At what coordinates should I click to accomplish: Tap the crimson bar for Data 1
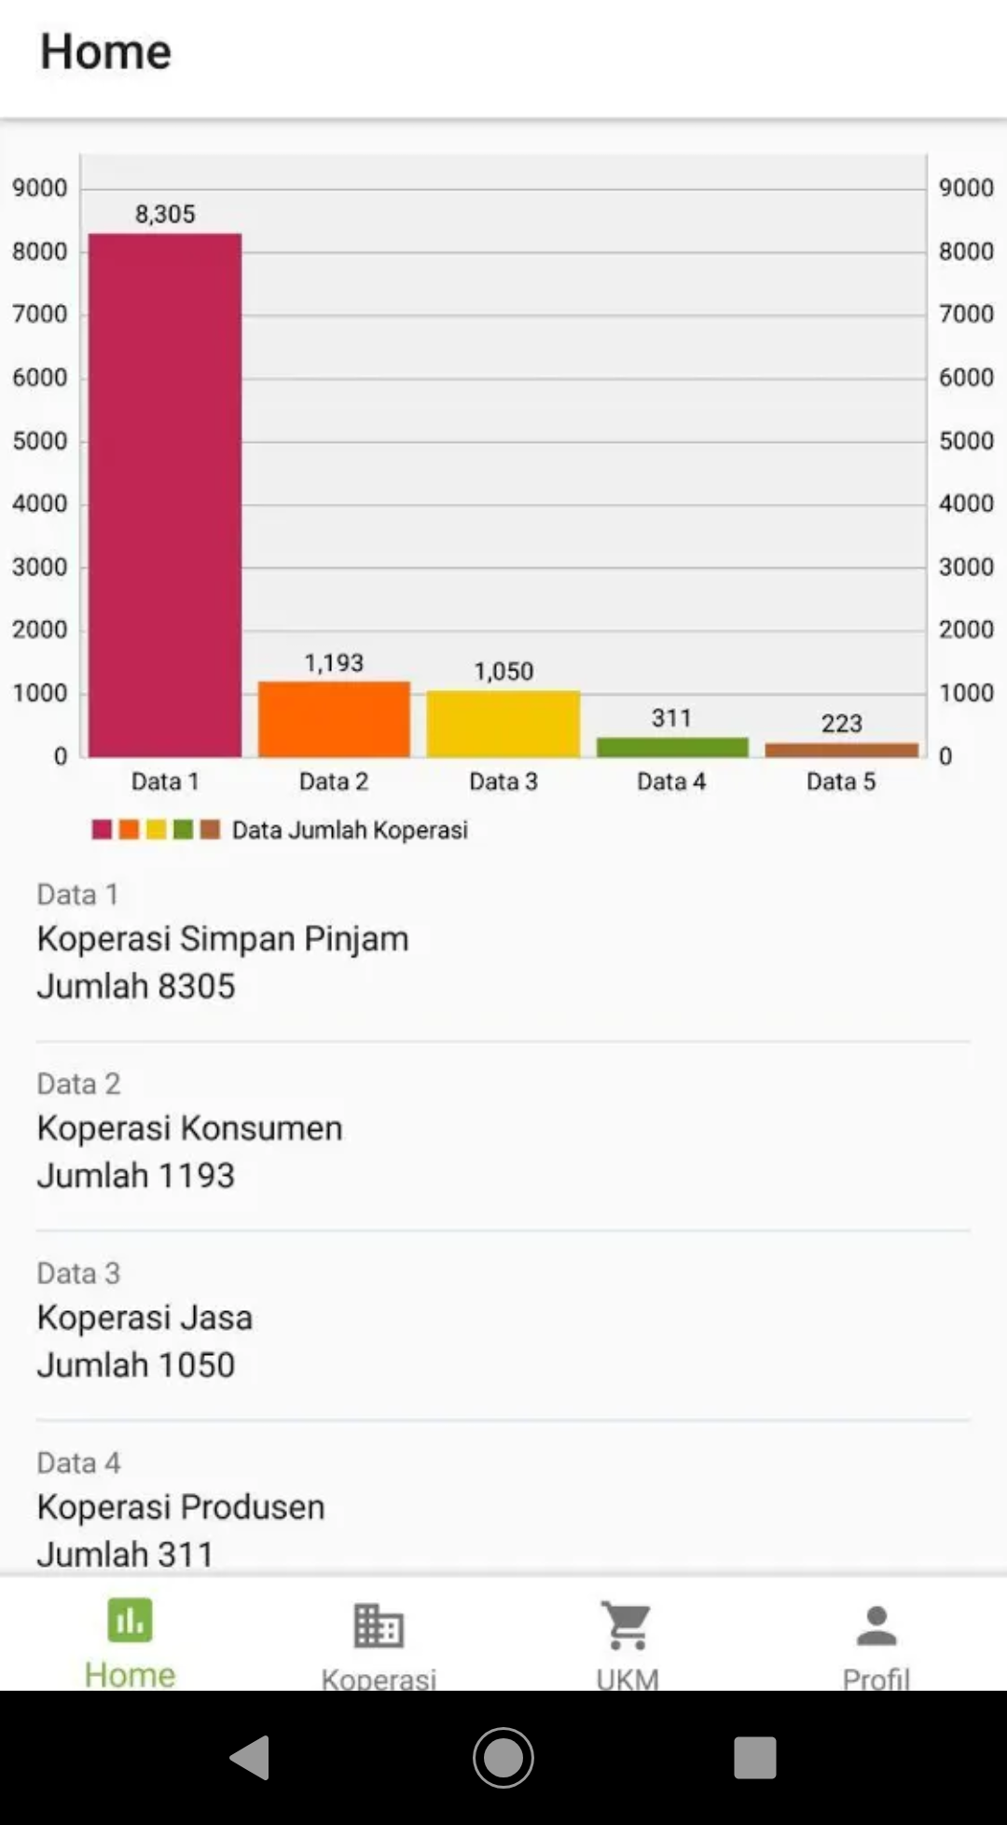pos(165,494)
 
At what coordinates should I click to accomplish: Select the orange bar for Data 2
pos(334,719)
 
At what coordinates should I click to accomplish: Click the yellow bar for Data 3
pos(504,724)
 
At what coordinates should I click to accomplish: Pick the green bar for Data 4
pos(672,747)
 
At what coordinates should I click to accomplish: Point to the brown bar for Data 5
pos(841,750)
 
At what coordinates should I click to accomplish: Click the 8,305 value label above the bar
pos(165,214)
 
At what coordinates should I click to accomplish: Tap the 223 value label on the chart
pos(841,724)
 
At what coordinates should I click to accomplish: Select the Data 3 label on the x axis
pos(504,781)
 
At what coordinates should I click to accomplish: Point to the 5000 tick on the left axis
pos(40,440)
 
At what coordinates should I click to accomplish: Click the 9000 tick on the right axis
pos(966,187)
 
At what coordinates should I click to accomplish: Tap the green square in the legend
pos(183,829)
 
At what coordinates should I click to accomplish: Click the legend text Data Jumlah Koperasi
pos(350,830)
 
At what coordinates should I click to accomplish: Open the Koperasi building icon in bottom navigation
pos(379,1626)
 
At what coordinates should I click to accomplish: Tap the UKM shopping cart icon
pos(628,1626)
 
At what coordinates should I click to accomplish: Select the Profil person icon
pos(876,1626)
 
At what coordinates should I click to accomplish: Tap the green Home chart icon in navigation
pos(130,1621)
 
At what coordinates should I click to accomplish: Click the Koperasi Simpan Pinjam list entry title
pos(223,938)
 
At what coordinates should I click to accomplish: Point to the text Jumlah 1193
pos(136,1175)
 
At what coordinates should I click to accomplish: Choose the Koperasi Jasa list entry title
pos(145,1318)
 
